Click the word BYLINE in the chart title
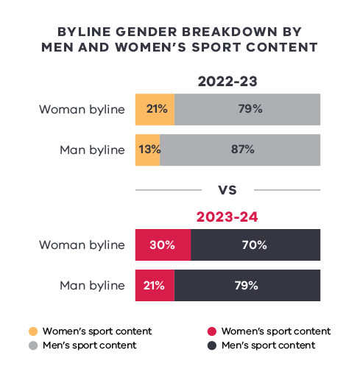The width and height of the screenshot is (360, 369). click(x=82, y=32)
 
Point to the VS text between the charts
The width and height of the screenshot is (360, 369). click(x=227, y=190)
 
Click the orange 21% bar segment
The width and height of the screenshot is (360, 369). click(x=155, y=109)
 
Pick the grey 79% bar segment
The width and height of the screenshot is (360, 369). click(x=247, y=109)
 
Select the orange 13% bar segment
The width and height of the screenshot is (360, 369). click(x=147, y=149)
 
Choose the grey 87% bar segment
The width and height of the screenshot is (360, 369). click(x=240, y=149)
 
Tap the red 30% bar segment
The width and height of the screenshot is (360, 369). click(x=163, y=245)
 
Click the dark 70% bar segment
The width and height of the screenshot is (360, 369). click(x=255, y=245)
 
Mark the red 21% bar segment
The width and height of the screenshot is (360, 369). click(x=155, y=285)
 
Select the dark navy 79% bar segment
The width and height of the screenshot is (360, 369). click(x=247, y=285)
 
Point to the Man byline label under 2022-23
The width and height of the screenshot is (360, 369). click(x=92, y=149)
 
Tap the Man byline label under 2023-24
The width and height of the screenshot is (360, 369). click(x=92, y=285)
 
